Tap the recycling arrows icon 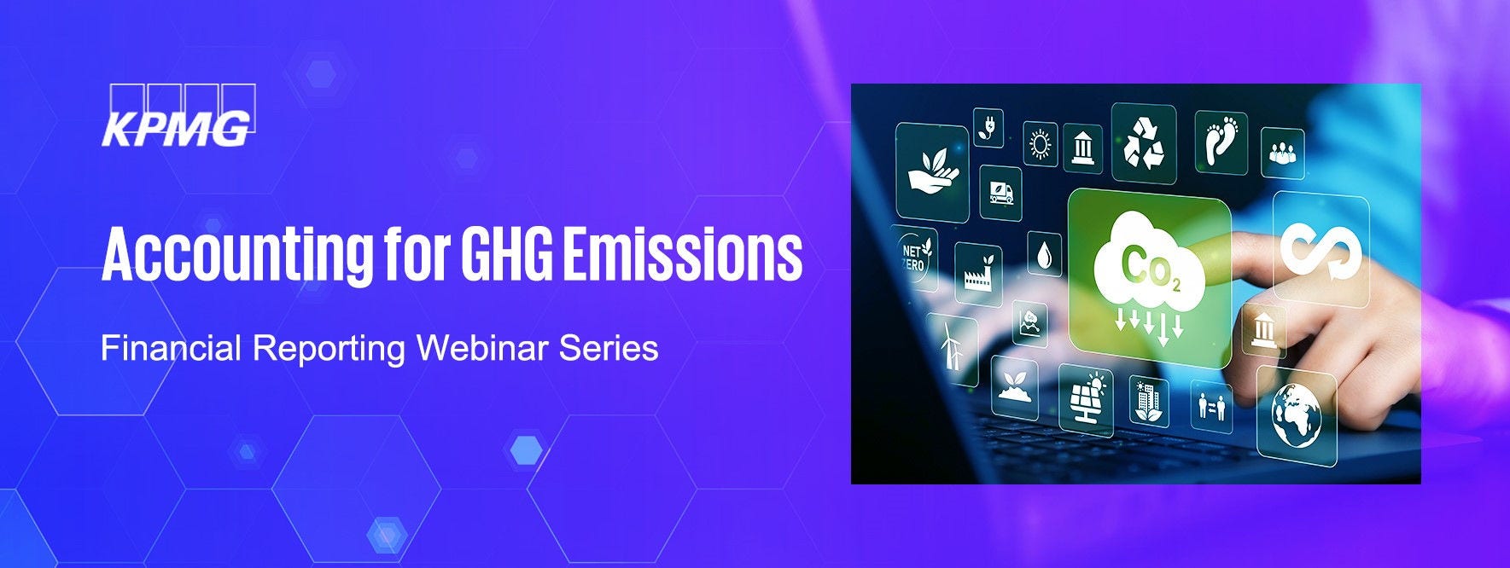click(1144, 142)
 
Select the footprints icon click(1221, 140)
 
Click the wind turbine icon click(950, 345)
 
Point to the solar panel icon click(1086, 397)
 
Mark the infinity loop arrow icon click(1320, 249)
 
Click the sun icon click(1040, 144)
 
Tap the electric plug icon click(988, 127)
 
